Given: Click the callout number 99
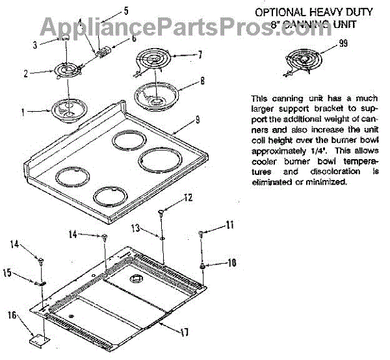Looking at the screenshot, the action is (343, 45).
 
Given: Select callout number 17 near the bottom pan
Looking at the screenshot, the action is (185, 332).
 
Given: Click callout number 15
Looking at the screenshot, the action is (7, 274).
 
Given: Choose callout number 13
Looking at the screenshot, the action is (136, 228).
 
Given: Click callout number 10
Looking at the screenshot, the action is (231, 263).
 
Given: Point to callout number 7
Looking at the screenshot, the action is (200, 55).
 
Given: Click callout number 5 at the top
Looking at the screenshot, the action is (125, 10).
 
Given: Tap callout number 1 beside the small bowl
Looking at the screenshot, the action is (23, 112).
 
